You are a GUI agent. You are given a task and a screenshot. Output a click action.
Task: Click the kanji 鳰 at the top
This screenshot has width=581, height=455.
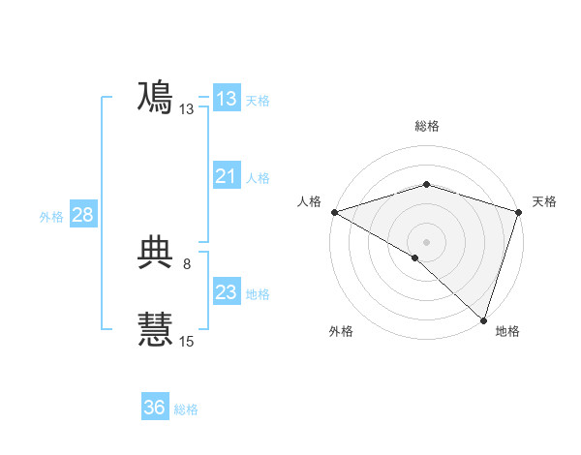click(155, 98)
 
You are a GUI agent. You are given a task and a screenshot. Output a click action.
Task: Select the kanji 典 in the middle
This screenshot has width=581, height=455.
click(155, 253)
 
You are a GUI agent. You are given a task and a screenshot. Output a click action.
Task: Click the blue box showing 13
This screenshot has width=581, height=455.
click(227, 99)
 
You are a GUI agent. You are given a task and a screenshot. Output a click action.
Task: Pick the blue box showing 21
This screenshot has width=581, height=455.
click(227, 176)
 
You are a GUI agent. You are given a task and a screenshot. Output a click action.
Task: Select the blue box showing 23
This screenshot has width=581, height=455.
click(227, 292)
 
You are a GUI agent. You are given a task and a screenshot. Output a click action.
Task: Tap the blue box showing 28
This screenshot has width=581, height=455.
click(82, 215)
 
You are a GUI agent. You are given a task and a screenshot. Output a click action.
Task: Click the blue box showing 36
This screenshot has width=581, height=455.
click(155, 408)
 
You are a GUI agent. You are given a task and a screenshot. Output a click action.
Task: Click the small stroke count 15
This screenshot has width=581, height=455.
click(187, 341)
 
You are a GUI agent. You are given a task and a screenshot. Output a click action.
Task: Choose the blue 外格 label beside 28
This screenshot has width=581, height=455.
click(51, 217)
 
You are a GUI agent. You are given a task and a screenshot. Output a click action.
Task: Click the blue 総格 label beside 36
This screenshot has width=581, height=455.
click(186, 409)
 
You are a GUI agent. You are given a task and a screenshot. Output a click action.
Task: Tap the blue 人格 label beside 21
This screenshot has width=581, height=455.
click(258, 178)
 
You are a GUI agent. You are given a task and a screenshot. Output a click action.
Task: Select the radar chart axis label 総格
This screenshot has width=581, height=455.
click(426, 126)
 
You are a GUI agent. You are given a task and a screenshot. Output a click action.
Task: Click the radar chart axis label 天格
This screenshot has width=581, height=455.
click(544, 201)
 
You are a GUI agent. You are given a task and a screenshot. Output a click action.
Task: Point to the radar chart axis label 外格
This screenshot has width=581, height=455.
click(341, 331)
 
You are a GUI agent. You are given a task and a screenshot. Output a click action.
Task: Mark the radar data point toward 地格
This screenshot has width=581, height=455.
click(482, 318)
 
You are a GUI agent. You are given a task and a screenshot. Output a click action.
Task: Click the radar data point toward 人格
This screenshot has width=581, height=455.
click(334, 211)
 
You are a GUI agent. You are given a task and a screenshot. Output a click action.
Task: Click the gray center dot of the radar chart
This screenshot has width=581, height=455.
click(426, 241)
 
